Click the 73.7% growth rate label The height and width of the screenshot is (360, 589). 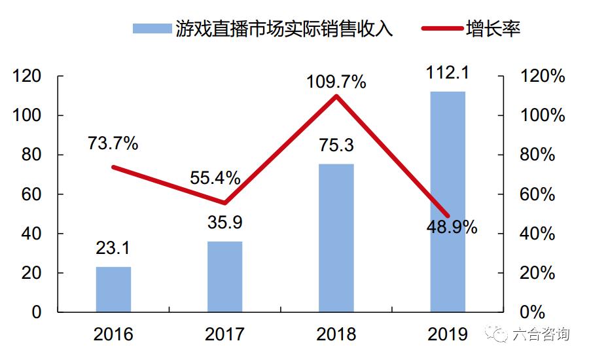[x=113, y=143]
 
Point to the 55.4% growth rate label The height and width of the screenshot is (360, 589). [x=215, y=177]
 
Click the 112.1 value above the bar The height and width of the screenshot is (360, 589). [x=448, y=73]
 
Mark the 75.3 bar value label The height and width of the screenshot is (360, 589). [x=336, y=145]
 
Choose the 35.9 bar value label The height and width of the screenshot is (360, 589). [x=224, y=223]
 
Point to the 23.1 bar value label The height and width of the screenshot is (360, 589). [x=113, y=248]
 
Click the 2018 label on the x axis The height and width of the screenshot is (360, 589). [x=336, y=334]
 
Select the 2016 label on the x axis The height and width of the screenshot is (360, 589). [x=113, y=334]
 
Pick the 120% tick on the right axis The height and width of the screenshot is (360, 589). [x=542, y=77]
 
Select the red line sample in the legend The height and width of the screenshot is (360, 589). [x=442, y=28]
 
